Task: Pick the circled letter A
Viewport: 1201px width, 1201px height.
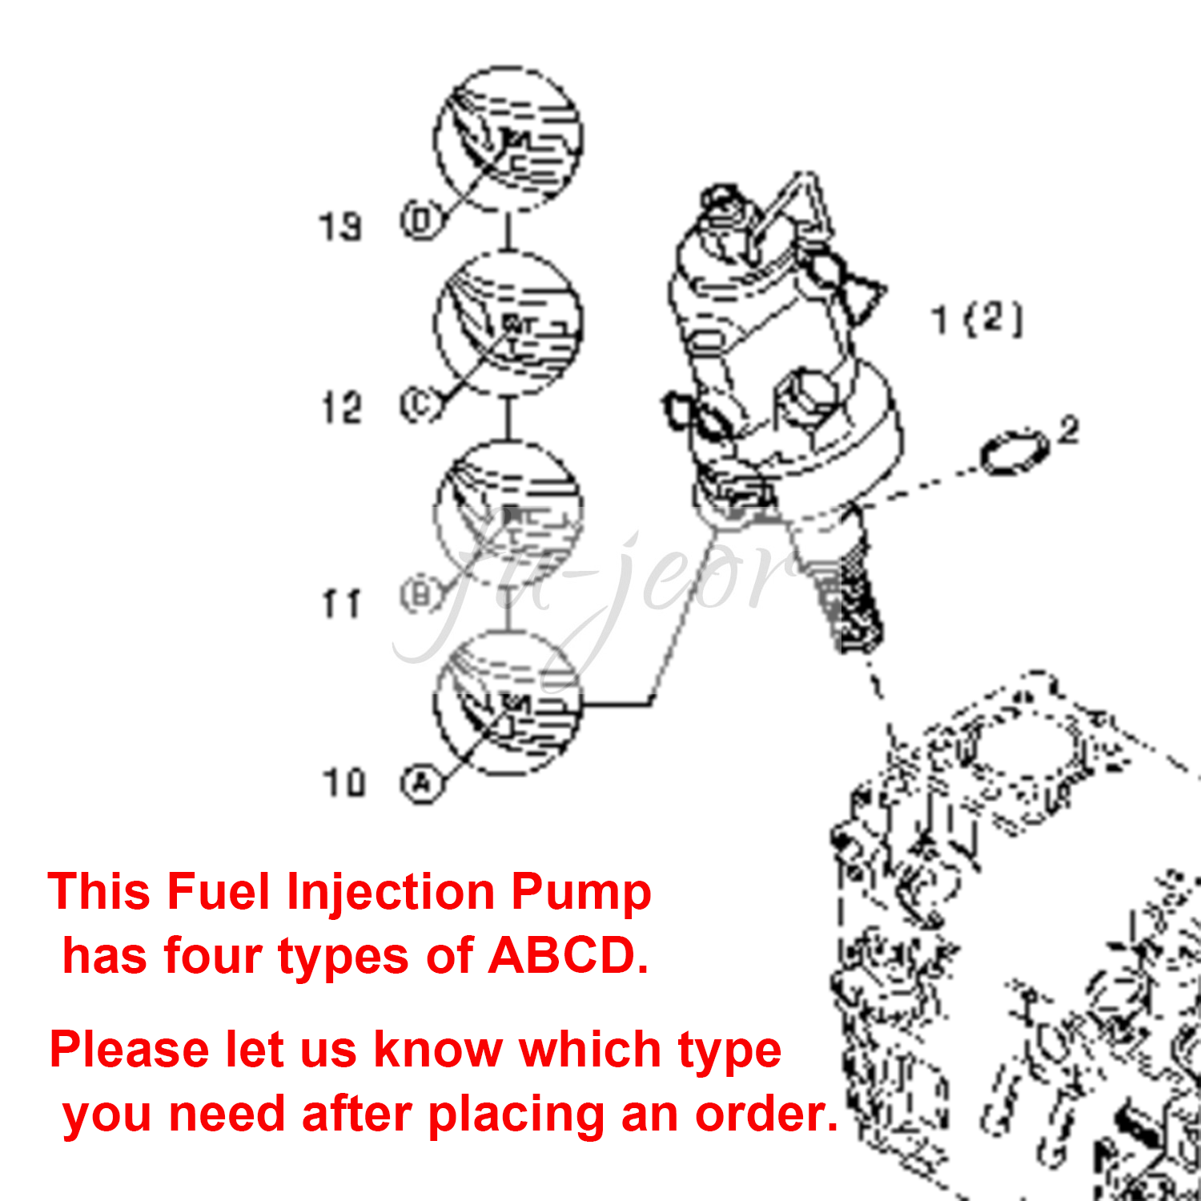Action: tap(422, 784)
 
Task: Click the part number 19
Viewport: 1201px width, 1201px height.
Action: tap(341, 227)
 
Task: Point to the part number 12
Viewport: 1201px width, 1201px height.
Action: tap(342, 408)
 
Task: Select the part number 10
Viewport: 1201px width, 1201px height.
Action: tap(344, 782)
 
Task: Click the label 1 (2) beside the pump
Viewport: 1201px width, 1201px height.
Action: tap(977, 319)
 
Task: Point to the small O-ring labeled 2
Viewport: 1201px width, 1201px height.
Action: tap(1015, 453)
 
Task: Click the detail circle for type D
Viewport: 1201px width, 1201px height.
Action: tap(508, 139)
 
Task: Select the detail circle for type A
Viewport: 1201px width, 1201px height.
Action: tap(508, 702)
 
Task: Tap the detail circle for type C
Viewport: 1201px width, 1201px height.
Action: tap(508, 324)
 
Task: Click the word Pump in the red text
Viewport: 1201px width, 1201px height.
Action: tap(581, 892)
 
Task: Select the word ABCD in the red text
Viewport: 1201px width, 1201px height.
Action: tap(568, 956)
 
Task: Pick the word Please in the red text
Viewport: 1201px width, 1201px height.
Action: tap(129, 1050)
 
